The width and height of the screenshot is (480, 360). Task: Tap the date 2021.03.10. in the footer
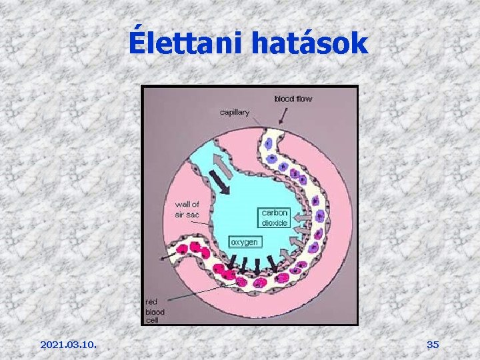68,345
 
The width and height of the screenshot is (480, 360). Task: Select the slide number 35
433,345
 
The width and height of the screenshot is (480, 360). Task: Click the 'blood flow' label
293,99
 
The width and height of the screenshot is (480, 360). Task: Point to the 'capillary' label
235,112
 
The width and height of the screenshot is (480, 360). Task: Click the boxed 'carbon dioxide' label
275,218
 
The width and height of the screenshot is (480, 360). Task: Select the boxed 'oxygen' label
244,242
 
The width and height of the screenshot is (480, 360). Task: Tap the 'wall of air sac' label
187,209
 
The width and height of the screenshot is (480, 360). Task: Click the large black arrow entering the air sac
221,181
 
